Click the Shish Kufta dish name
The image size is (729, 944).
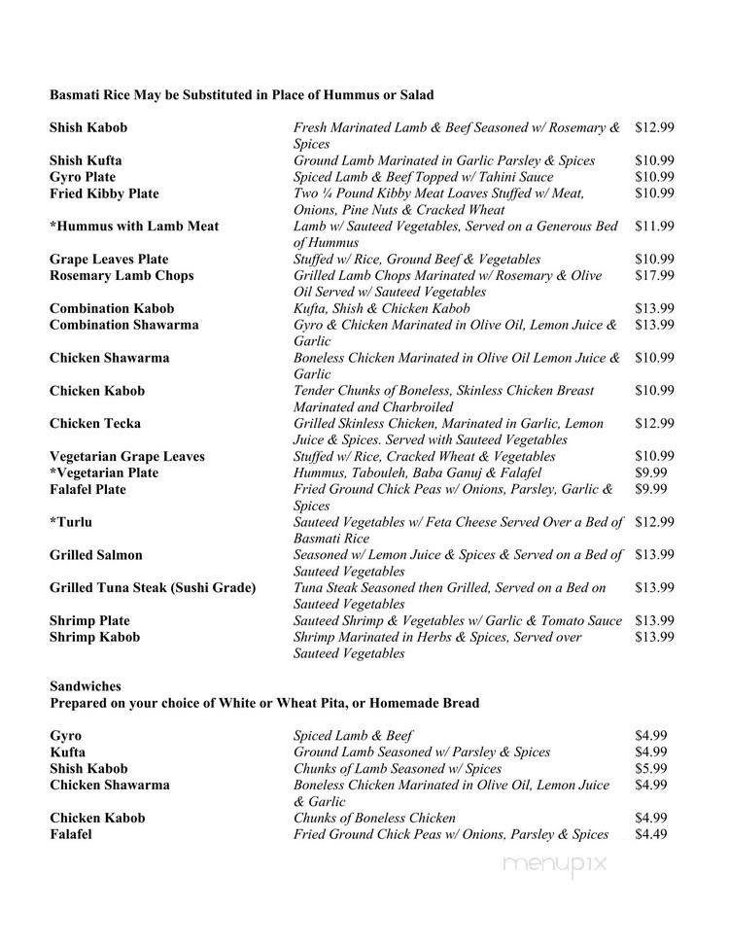click(x=86, y=160)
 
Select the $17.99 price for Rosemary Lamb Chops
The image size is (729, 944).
click(x=654, y=275)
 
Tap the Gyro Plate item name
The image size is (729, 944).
click(x=83, y=177)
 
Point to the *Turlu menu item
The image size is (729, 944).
click(x=71, y=522)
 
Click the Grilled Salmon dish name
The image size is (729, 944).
click(x=96, y=555)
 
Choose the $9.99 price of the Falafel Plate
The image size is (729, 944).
click(x=650, y=489)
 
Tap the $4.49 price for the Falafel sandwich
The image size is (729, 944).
click(x=650, y=834)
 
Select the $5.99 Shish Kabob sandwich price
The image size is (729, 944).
click(x=650, y=768)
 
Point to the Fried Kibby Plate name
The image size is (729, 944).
click(x=104, y=193)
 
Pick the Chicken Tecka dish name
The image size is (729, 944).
click(x=95, y=423)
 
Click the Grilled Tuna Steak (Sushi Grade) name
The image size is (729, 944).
click(x=153, y=588)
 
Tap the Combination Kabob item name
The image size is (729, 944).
click(x=112, y=308)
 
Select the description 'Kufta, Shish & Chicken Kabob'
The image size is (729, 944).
click(x=385, y=308)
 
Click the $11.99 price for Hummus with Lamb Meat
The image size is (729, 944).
click(x=654, y=227)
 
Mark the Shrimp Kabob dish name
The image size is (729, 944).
click(x=94, y=637)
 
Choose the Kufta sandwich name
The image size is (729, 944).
click(x=67, y=752)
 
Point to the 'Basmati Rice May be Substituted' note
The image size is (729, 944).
click(x=241, y=95)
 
